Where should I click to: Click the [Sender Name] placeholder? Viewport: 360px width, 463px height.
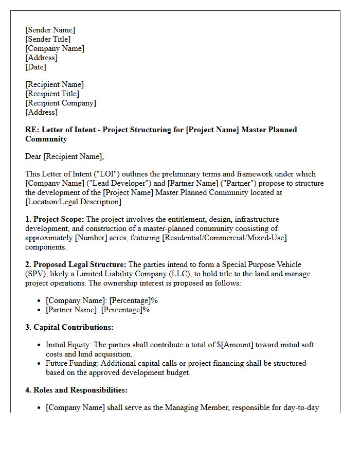point(50,30)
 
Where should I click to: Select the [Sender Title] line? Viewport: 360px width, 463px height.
point(48,39)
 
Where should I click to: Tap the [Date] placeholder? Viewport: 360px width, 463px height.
point(35,67)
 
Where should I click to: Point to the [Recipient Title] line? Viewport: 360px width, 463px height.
point(52,94)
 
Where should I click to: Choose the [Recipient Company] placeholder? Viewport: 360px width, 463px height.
point(60,103)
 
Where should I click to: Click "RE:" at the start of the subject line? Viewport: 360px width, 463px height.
point(31,130)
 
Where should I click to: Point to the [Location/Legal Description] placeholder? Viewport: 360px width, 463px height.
point(74,202)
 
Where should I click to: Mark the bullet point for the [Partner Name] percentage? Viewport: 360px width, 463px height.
point(40,310)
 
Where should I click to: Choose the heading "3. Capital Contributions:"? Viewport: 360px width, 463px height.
point(69,327)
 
